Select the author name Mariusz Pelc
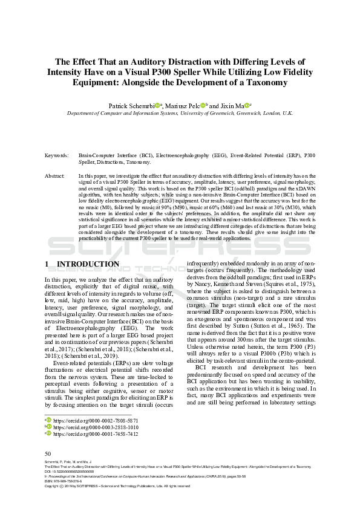[183, 105]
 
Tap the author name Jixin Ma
[231, 105]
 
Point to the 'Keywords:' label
[57, 155]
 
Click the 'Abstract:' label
[55, 175]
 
